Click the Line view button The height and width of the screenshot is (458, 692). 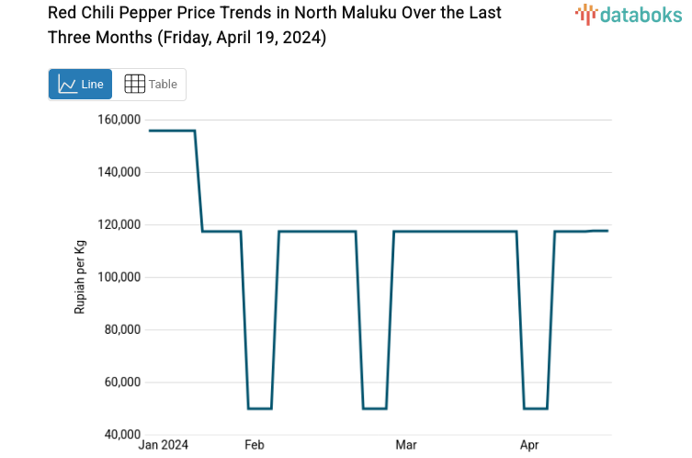(x=81, y=84)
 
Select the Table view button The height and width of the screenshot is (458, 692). (x=150, y=84)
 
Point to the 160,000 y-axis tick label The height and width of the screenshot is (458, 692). (x=118, y=120)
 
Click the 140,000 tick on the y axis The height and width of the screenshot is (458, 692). (x=118, y=172)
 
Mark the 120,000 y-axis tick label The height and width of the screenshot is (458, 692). (x=118, y=224)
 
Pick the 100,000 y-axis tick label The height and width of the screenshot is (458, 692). (x=118, y=277)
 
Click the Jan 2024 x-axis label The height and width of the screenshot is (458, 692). (x=163, y=445)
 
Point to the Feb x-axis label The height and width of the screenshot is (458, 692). (x=255, y=445)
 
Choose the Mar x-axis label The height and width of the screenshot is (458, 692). (x=405, y=445)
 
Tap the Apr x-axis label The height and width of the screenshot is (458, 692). (x=529, y=445)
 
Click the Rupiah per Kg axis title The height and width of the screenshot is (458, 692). (x=80, y=276)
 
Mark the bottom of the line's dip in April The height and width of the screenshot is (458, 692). (x=536, y=408)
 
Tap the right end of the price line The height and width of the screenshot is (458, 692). (x=607, y=231)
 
